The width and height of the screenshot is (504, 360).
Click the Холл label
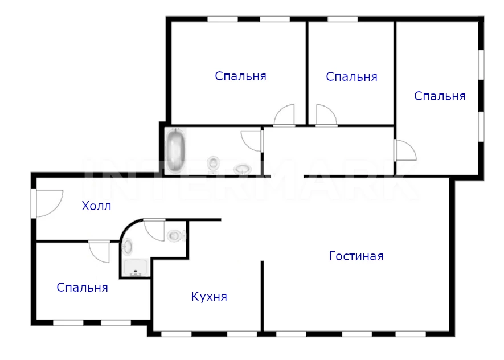[x=96, y=206]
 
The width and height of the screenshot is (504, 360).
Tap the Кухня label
[x=209, y=296]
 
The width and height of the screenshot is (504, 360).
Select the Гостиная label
[x=356, y=256]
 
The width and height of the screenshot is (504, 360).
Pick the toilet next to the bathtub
[x=213, y=163]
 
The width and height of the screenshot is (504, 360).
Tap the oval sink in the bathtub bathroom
[x=243, y=169]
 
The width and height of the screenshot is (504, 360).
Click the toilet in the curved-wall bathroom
[x=176, y=235]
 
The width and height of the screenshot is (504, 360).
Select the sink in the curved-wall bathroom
[x=128, y=247]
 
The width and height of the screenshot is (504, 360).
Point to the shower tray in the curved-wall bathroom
[x=136, y=268]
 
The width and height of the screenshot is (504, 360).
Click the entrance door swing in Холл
[x=48, y=203]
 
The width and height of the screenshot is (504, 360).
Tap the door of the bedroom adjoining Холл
[x=99, y=251]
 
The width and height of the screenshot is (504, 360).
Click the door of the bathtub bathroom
[x=251, y=141]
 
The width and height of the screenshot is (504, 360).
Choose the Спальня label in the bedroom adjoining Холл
[x=82, y=287]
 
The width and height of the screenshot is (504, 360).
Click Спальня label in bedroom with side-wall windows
[x=440, y=96]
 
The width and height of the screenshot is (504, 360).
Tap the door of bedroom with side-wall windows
[x=405, y=150]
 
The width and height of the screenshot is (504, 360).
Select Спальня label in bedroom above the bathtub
[x=240, y=76]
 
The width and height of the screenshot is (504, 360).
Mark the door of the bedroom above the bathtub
[x=284, y=114]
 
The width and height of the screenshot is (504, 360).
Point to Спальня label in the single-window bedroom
[x=351, y=77]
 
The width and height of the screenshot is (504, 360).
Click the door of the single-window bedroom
[x=326, y=114]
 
